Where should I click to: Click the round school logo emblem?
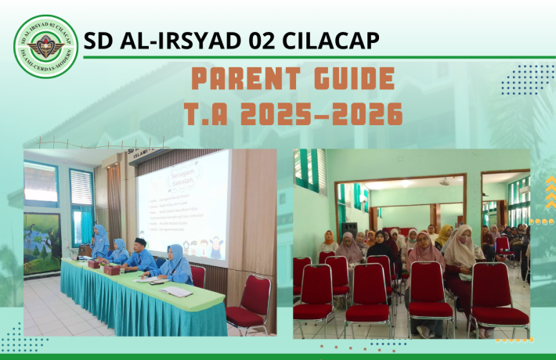[46, 45]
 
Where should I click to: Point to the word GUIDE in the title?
[353, 79]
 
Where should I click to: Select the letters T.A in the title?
[211, 114]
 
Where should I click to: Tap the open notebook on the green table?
[177, 291]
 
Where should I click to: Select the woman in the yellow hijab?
[444, 235]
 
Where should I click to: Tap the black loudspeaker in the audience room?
[350, 229]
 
